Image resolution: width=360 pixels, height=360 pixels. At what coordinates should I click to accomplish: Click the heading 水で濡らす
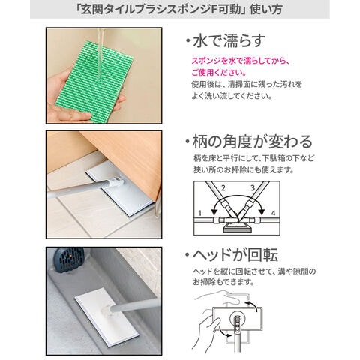click(229, 41)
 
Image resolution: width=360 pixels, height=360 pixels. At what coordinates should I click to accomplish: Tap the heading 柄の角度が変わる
click(253, 142)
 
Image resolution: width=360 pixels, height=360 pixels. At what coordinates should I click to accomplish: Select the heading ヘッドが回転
click(235, 255)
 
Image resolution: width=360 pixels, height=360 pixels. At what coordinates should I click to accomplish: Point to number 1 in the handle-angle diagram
click(200, 213)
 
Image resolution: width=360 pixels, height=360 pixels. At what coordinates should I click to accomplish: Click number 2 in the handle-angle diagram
click(223, 188)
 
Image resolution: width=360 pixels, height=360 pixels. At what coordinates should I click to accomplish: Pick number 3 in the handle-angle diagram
click(253, 188)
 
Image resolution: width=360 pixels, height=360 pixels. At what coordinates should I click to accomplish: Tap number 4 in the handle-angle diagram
click(273, 213)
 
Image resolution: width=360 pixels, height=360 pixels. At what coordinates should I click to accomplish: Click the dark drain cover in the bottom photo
click(69, 259)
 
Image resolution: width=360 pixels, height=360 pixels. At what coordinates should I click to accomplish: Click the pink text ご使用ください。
click(219, 73)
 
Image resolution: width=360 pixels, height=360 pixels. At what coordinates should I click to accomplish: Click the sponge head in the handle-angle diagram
click(237, 227)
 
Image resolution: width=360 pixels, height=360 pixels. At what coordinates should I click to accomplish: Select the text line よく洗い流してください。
click(232, 96)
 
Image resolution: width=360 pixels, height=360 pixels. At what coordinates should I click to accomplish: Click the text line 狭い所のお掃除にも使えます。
click(244, 170)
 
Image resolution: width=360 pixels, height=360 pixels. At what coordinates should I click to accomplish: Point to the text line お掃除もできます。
click(223, 282)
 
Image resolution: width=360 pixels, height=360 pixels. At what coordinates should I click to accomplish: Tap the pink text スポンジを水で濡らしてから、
click(241, 61)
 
